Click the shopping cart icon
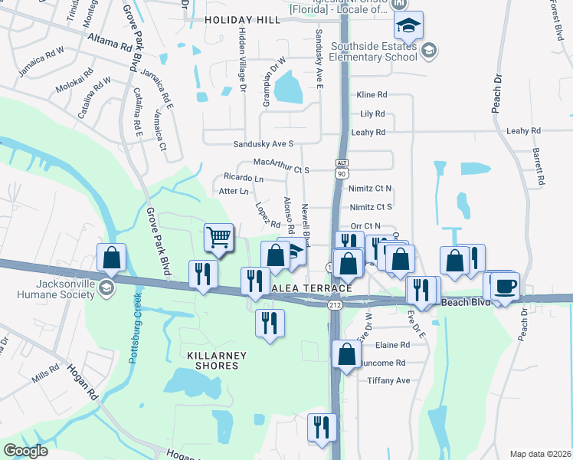219,238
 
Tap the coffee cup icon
506,287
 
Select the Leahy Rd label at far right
523,131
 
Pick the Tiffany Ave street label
389,380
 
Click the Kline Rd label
372,95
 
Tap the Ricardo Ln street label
244,178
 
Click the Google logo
25,451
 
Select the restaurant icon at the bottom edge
321,427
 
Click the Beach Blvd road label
468,303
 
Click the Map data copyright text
540,454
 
